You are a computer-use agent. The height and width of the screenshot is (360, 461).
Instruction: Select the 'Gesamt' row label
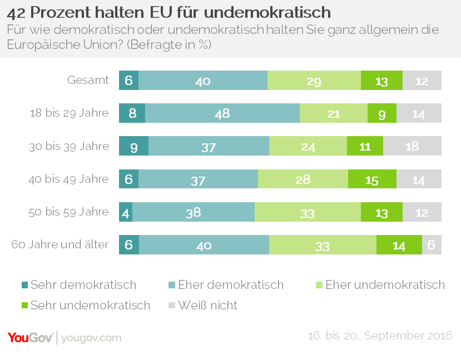(x=88, y=81)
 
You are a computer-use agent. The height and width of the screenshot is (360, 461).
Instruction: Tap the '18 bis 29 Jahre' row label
(x=69, y=113)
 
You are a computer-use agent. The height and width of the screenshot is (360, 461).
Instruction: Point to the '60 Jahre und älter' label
(x=60, y=244)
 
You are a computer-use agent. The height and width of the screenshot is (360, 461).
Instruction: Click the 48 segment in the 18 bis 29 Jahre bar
(x=222, y=113)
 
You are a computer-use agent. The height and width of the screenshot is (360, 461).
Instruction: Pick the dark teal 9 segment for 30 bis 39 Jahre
(x=134, y=146)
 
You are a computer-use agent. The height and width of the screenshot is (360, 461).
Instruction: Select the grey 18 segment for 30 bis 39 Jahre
(x=412, y=146)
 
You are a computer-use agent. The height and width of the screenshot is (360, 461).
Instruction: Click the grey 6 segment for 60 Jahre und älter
(x=432, y=244)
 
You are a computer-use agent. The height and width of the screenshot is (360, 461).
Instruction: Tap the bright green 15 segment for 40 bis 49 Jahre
(x=372, y=179)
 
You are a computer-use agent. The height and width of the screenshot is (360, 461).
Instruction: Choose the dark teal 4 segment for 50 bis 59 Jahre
(x=126, y=212)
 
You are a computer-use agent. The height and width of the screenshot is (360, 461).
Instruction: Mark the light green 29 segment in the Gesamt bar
(x=314, y=81)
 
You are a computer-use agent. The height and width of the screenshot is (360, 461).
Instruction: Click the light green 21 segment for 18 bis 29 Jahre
(x=334, y=113)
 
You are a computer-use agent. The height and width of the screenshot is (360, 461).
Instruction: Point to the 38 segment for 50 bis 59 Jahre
(x=194, y=212)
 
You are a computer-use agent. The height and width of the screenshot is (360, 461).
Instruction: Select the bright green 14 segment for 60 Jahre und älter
(x=399, y=244)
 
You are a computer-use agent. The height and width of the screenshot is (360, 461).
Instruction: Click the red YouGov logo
(x=30, y=337)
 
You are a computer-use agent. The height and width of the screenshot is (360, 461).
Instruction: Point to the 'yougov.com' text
(x=91, y=338)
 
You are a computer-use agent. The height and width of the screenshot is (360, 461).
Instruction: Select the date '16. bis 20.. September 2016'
(x=380, y=336)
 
